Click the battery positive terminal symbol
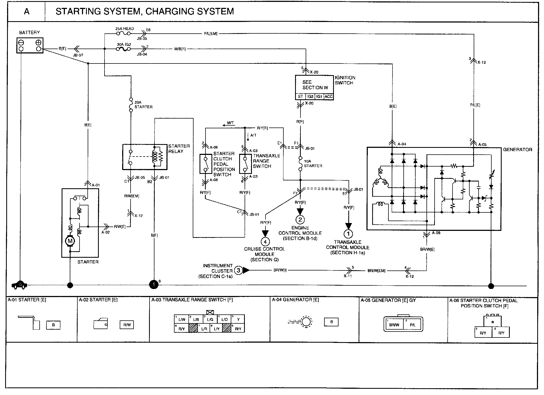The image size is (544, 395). (39, 42)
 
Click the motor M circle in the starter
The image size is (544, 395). (70, 241)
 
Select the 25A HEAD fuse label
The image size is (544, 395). (124, 29)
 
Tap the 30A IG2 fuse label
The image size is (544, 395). (124, 44)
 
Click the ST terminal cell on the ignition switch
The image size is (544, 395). (300, 97)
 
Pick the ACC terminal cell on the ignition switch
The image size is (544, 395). (328, 97)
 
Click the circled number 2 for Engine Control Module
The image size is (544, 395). (300, 219)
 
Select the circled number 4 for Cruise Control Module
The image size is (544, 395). (265, 241)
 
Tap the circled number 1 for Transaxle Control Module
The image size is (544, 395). (348, 234)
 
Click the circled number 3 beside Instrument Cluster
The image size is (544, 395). (238, 270)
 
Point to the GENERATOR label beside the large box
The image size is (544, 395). (517, 150)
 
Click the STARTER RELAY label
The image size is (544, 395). (179, 149)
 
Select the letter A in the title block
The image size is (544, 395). (27, 12)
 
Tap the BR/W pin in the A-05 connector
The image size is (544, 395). (394, 325)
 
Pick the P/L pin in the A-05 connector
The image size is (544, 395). (412, 325)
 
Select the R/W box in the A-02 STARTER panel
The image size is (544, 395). (127, 325)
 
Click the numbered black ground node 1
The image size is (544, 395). (154, 285)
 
